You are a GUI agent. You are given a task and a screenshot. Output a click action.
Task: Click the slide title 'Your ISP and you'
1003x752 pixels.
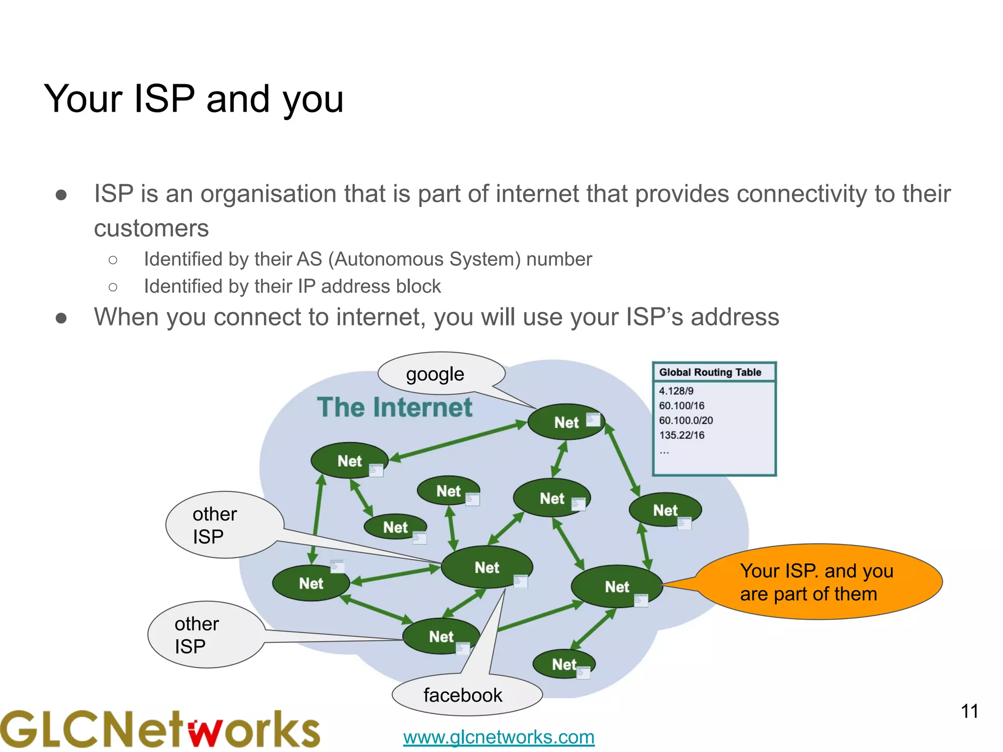click(193, 99)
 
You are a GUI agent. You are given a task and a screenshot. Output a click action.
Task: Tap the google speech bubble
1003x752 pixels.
click(435, 375)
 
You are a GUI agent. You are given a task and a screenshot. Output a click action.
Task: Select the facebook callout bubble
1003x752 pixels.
click(463, 695)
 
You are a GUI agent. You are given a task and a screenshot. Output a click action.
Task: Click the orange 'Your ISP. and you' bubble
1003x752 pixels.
click(817, 582)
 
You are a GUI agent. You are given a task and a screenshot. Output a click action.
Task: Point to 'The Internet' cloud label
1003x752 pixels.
click(395, 407)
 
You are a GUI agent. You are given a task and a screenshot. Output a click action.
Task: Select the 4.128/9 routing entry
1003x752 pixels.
click(676, 391)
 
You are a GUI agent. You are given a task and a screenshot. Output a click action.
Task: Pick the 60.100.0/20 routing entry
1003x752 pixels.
click(686, 420)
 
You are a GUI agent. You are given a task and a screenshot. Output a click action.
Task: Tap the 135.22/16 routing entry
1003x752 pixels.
click(681, 435)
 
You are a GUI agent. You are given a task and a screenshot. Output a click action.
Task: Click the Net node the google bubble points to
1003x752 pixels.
click(566, 422)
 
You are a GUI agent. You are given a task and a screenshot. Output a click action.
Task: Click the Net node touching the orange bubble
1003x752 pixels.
click(617, 587)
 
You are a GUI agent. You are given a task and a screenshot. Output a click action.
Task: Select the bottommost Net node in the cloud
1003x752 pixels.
click(564, 664)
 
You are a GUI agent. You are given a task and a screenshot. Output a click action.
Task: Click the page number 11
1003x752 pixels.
click(969, 711)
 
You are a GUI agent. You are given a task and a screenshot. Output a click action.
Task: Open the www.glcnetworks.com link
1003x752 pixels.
click(499, 737)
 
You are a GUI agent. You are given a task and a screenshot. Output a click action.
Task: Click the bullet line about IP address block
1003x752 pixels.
click(292, 286)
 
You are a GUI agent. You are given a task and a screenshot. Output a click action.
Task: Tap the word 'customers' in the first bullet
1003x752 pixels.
click(151, 228)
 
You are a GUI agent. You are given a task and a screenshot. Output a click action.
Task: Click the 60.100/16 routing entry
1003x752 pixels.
click(681, 405)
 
